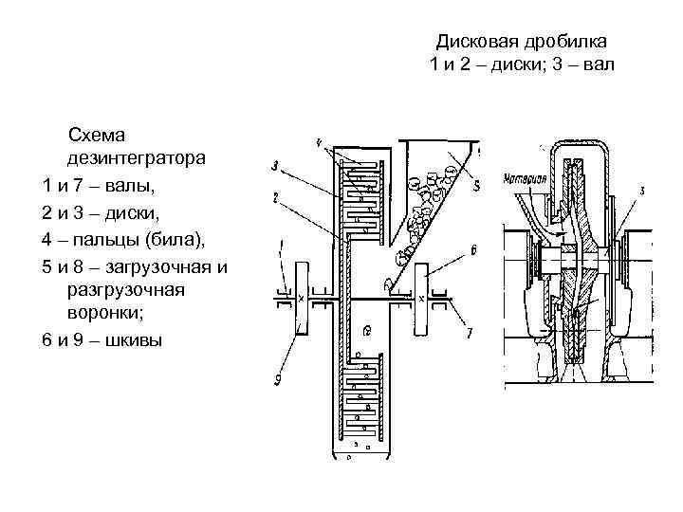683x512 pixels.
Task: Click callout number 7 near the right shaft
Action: coord(468,332)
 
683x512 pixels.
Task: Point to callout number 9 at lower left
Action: coord(276,380)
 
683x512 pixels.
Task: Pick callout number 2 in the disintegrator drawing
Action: coord(274,198)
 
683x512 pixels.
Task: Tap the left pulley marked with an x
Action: coord(302,298)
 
